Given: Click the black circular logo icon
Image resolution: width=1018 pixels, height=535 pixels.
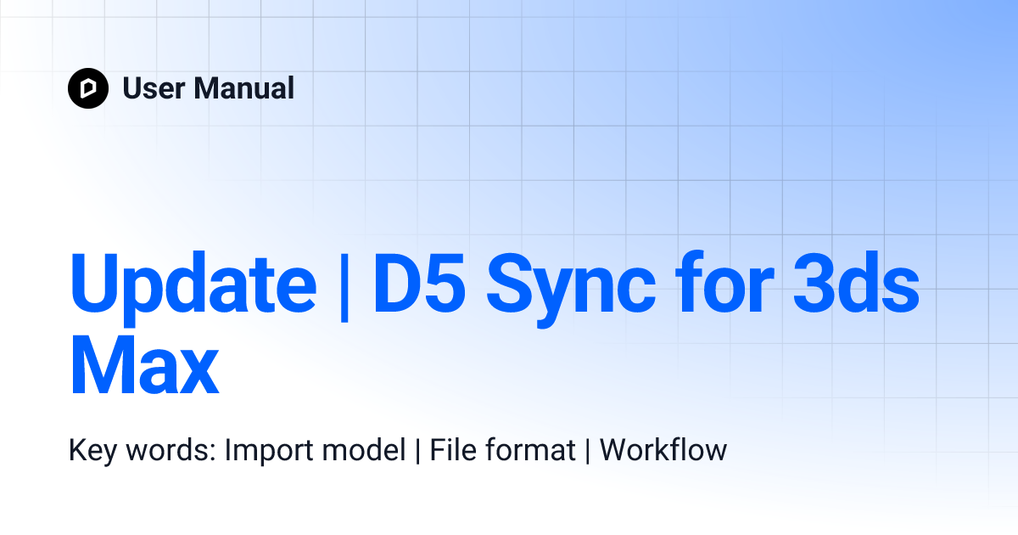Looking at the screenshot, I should [88, 88].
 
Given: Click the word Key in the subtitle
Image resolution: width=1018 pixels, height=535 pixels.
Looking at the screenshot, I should [92, 450].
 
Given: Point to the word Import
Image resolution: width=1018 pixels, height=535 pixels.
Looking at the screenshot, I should [267, 450].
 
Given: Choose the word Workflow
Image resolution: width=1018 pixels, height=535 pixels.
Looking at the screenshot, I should [663, 450].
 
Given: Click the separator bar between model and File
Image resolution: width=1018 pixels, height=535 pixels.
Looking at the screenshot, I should [417, 450].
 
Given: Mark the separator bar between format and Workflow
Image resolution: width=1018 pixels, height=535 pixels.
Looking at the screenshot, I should [587, 450].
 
